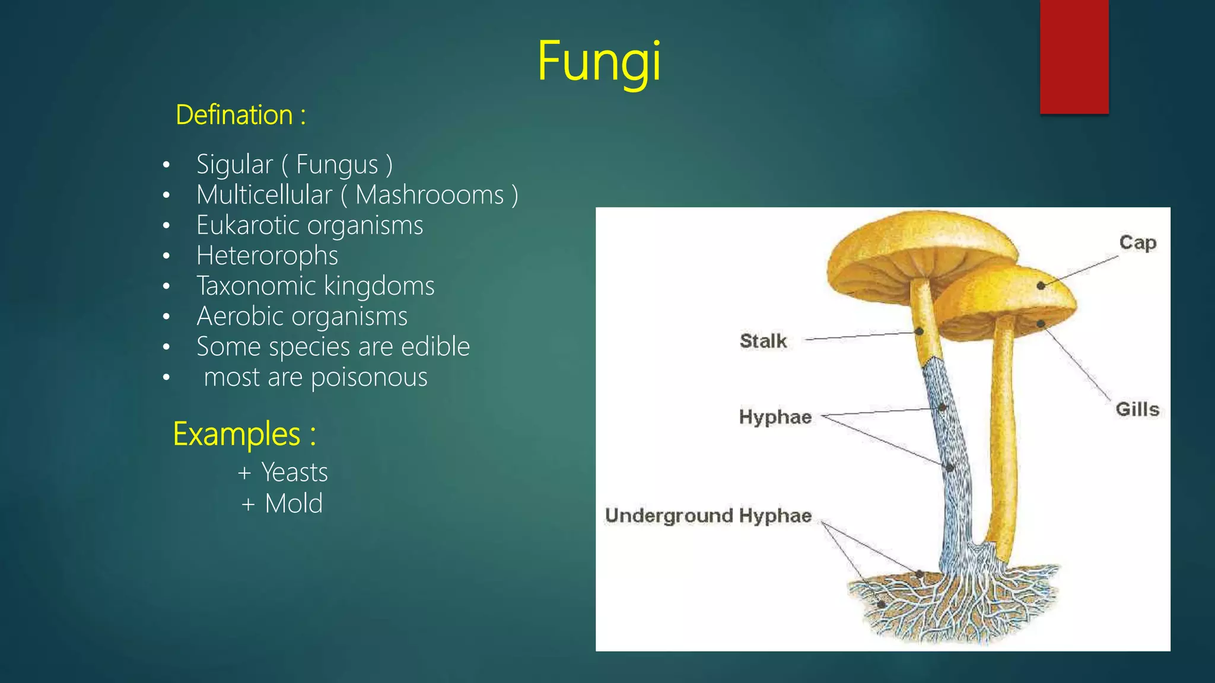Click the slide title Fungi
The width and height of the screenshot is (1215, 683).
[599, 62]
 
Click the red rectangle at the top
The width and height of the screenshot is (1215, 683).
[1074, 56]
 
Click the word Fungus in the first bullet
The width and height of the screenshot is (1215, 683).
[337, 165]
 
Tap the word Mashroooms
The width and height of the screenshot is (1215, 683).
[430, 195]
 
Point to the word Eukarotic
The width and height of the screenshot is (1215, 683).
[249, 225]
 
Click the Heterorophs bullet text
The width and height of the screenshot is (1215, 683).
[267, 256]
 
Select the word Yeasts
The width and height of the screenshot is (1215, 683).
[294, 473]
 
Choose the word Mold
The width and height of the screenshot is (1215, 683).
[294, 504]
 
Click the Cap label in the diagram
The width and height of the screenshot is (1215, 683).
[1137, 243]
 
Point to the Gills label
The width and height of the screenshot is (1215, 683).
[1137, 409]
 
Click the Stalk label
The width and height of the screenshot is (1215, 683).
[763, 341]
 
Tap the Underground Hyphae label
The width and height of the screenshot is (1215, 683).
[708, 516]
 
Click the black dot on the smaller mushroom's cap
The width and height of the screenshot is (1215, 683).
[1041, 286]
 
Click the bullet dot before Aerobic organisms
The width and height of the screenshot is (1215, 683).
[167, 317]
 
